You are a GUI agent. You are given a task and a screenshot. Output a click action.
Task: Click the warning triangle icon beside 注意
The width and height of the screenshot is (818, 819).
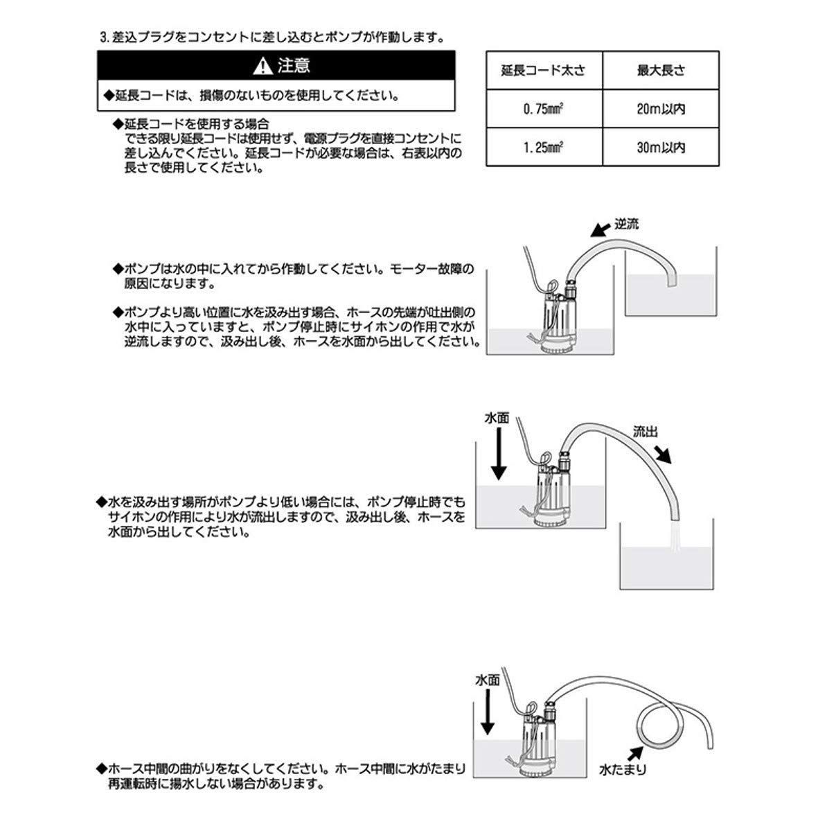[263, 67]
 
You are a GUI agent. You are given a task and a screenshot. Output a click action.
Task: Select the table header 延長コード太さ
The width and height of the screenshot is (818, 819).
[543, 71]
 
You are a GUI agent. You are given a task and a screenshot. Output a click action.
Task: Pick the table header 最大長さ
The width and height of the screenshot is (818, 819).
[660, 71]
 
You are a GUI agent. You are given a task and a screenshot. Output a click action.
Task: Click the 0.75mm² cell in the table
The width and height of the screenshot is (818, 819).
[543, 109]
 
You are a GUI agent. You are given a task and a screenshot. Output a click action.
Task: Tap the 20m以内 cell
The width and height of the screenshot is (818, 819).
[661, 109]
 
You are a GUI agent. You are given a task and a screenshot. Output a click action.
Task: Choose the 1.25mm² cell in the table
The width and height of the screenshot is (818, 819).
[543, 148]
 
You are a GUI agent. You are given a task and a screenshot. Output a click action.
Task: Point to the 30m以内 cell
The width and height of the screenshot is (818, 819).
[661, 148]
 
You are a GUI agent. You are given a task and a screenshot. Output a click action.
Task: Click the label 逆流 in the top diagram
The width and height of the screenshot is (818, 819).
[628, 224]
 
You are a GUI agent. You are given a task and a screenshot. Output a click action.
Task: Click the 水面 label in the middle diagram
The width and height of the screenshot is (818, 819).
[497, 419]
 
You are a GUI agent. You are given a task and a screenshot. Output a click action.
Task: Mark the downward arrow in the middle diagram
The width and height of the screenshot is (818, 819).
[499, 455]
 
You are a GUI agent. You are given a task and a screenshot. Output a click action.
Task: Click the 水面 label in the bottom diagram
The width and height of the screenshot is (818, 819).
[488, 681]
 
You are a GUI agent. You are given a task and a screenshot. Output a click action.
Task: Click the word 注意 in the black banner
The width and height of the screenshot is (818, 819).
[294, 67]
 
